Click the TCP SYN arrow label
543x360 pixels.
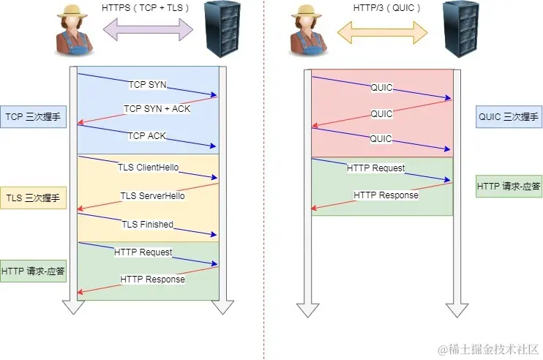coord(148,85)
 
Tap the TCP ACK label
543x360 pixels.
coord(148,136)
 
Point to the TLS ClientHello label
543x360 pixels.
coord(149,168)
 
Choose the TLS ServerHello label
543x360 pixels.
coord(152,195)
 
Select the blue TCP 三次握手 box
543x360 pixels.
coord(34,116)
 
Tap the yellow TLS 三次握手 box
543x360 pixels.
coord(34,198)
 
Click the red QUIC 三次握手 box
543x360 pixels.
coord(508,116)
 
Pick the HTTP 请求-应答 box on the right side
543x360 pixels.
coord(509,187)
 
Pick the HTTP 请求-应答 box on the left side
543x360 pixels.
coord(34,271)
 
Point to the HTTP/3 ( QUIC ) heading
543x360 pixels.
coord(381,7)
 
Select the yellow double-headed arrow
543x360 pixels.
coord(381,30)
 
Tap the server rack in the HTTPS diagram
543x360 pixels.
coord(222,29)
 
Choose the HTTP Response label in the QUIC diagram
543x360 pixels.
coord(386,195)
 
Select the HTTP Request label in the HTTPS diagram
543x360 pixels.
coord(143,252)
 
